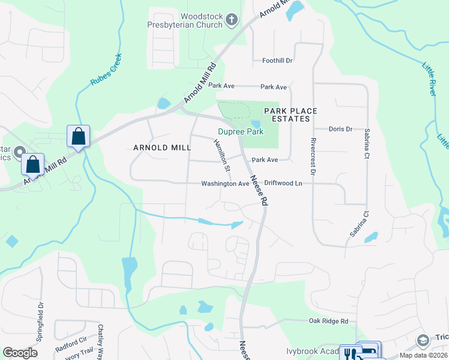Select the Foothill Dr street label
click(x=277, y=61)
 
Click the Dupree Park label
click(x=240, y=131)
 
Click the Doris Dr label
click(x=340, y=129)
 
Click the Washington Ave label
click(x=224, y=184)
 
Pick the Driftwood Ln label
click(x=283, y=183)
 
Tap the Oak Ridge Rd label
click(x=328, y=322)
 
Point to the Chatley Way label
click(x=101, y=340)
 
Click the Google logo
click(x=20, y=353)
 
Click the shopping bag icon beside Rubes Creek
click(x=79, y=136)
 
